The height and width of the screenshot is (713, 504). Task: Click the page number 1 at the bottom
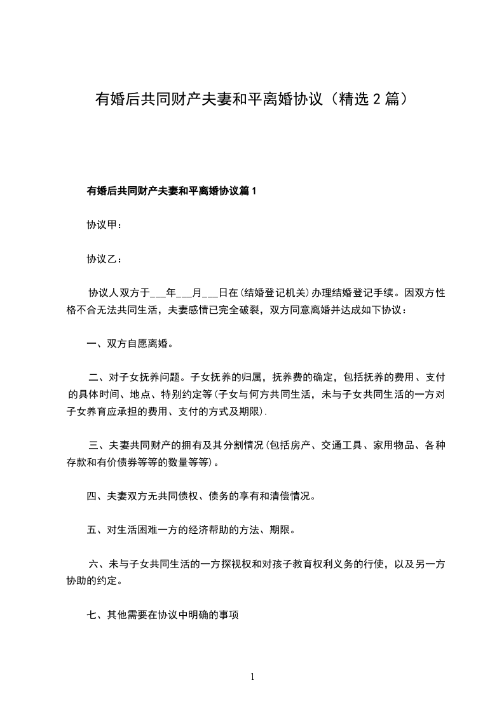click(x=252, y=677)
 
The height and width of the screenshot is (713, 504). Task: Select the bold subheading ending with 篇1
click(x=171, y=191)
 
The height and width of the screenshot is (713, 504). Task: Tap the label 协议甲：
click(x=104, y=225)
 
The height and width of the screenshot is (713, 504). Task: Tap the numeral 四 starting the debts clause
click(x=92, y=496)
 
